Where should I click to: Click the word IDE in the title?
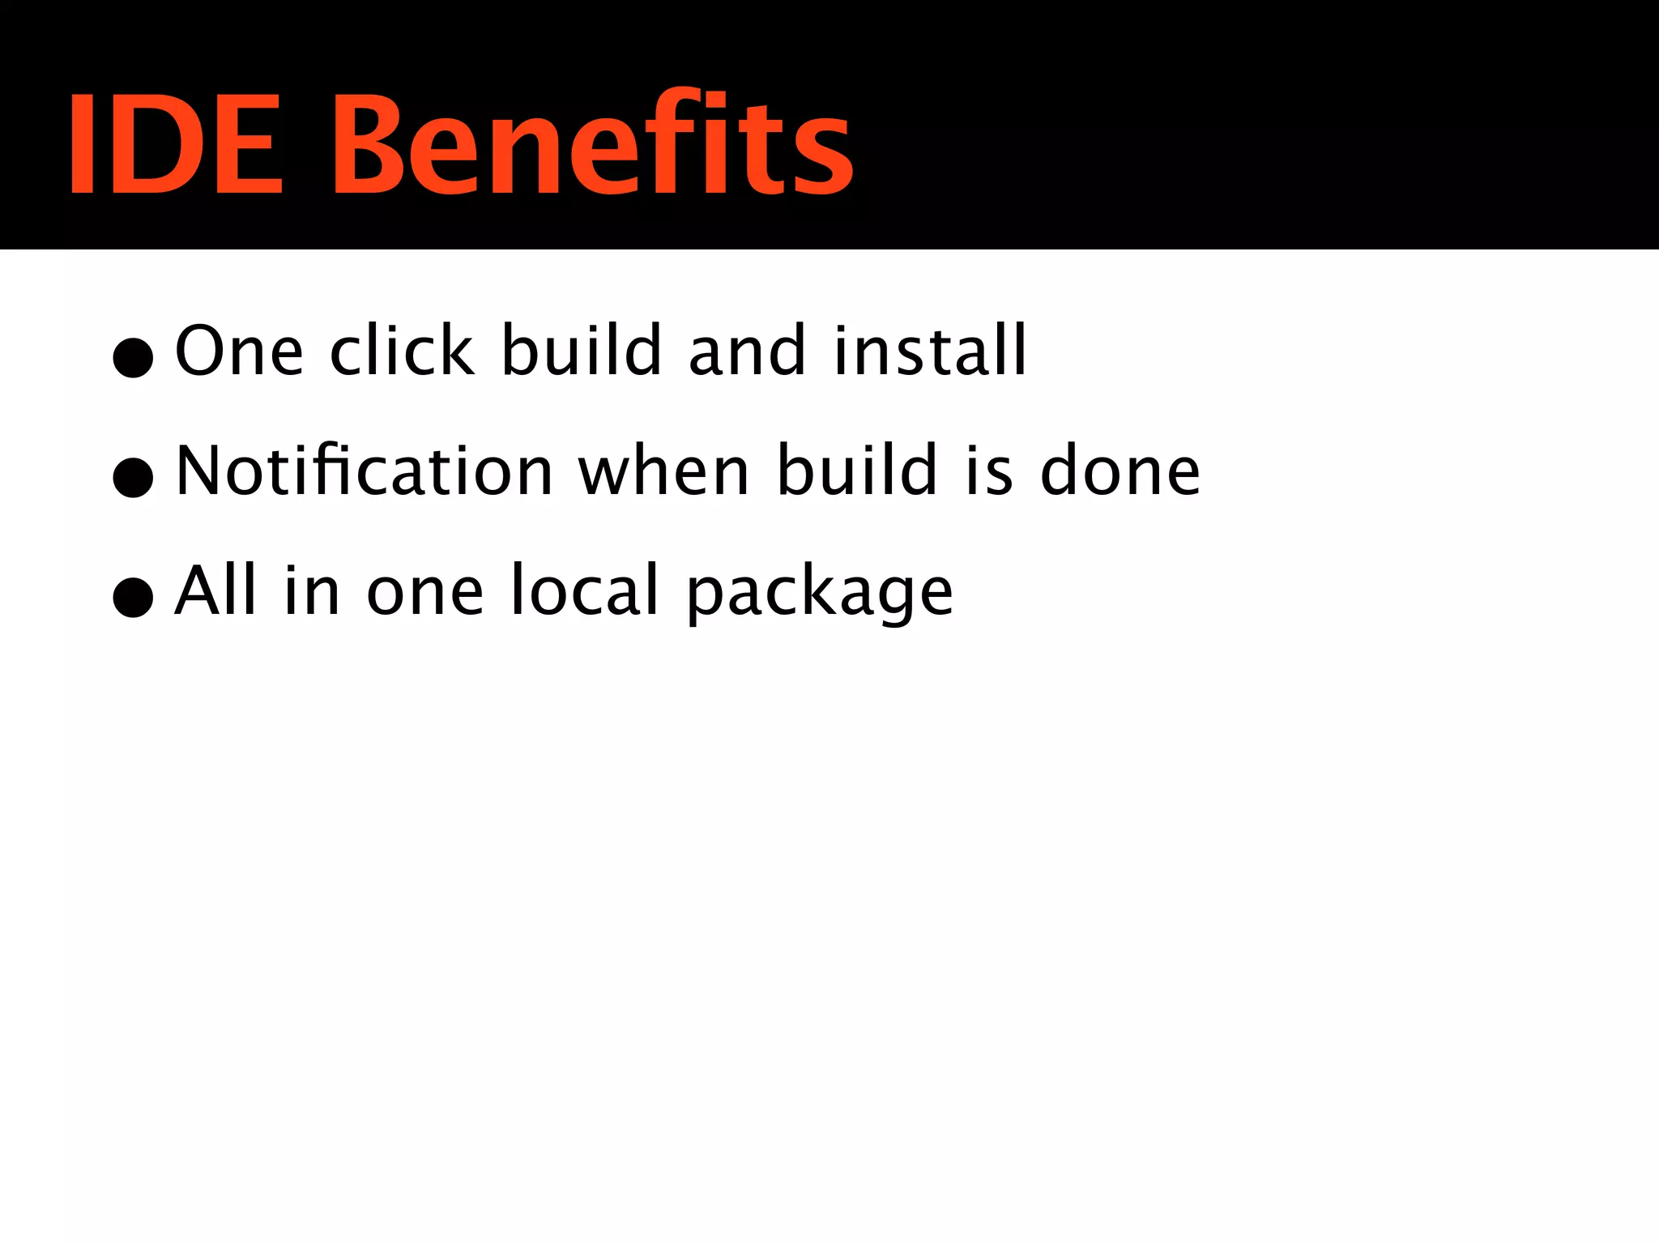(175, 144)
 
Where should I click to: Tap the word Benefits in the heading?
(592, 144)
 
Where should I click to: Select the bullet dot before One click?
(134, 356)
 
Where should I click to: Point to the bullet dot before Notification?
(134, 477)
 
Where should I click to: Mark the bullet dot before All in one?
(134, 597)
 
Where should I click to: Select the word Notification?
(365, 471)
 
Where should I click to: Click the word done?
(1120, 471)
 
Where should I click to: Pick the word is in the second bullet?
(989, 471)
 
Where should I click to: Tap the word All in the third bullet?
(216, 590)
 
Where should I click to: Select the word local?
(585, 590)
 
